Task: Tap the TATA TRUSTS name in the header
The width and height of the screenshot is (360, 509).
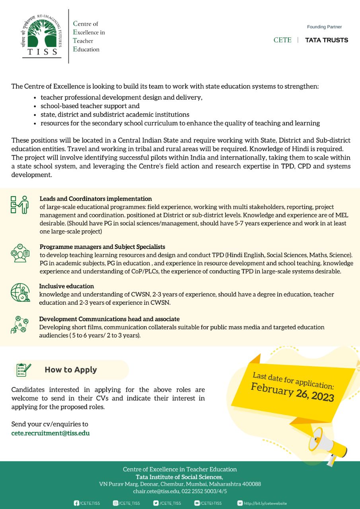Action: pos(326,40)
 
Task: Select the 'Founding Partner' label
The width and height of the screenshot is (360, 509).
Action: pos(324,27)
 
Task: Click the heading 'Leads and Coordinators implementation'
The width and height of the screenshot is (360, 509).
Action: pos(95,198)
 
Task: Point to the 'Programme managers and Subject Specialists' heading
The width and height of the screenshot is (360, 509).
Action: pos(102,247)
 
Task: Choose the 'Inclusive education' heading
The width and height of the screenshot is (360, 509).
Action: pos(66,286)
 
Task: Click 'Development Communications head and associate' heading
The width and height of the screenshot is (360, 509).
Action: pos(109,319)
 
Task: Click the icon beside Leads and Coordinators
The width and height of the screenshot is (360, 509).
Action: pos(19,204)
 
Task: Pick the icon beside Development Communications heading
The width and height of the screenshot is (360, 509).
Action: pos(19,324)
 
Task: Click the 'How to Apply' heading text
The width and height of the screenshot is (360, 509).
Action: pos(71,370)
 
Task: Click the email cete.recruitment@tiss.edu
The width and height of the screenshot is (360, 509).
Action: pos(51,433)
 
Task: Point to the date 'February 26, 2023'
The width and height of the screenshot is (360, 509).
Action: pos(292,392)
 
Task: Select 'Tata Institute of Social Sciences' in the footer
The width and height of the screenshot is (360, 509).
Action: pos(179,477)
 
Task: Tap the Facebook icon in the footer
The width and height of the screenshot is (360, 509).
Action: pos(76,503)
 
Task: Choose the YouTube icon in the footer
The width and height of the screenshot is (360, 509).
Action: pos(197,503)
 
